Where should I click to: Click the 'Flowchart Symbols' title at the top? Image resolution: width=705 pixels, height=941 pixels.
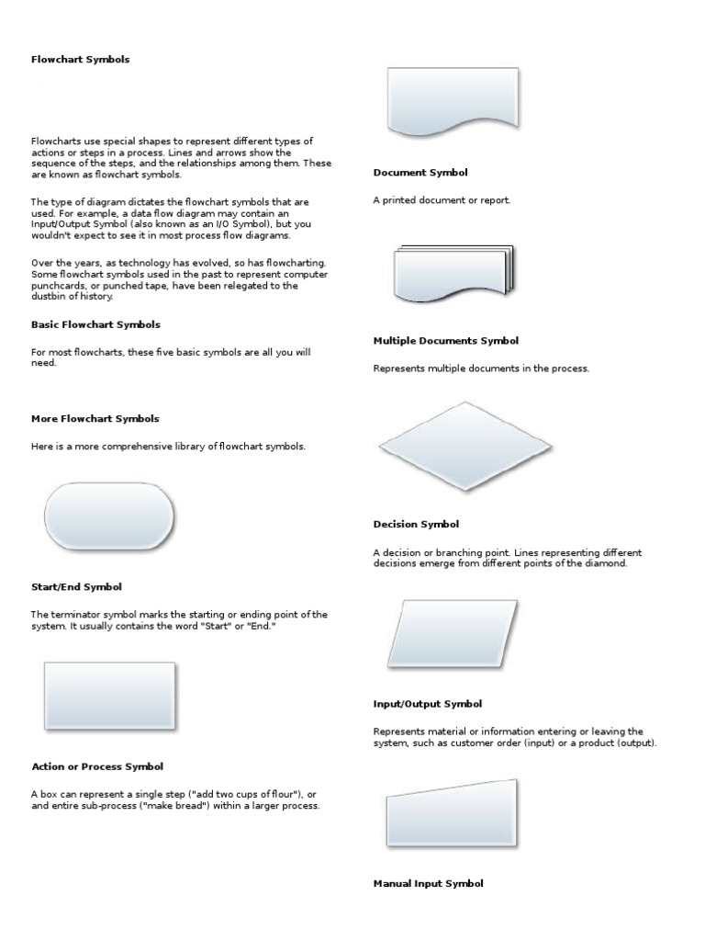click(81, 60)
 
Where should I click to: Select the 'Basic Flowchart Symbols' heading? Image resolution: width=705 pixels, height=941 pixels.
click(95, 324)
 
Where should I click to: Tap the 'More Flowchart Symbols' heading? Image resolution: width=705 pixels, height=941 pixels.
click(95, 418)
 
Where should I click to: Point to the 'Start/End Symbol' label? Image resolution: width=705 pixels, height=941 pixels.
click(77, 586)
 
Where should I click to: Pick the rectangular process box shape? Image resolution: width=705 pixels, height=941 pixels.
click(109, 696)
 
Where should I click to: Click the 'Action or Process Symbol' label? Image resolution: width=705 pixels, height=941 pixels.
click(97, 765)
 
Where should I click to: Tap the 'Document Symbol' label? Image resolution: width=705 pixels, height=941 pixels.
click(420, 172)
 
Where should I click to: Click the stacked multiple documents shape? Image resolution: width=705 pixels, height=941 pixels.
click(453, 273)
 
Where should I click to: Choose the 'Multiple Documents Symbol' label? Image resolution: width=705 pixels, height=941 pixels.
click(445, 340)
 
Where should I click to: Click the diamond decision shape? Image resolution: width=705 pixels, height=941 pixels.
click(465, 447)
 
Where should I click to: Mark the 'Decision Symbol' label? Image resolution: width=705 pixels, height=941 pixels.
click(416, 524)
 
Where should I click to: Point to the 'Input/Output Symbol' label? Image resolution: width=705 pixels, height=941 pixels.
click(427, 704)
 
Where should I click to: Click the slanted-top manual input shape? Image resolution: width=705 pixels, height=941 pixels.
click(451, 816)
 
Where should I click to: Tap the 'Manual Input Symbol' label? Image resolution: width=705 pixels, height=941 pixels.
click(428, 883)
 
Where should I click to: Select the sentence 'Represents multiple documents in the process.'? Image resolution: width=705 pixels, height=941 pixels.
click(481, 368)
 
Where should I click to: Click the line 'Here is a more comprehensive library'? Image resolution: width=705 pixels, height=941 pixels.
click(168, 446)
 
